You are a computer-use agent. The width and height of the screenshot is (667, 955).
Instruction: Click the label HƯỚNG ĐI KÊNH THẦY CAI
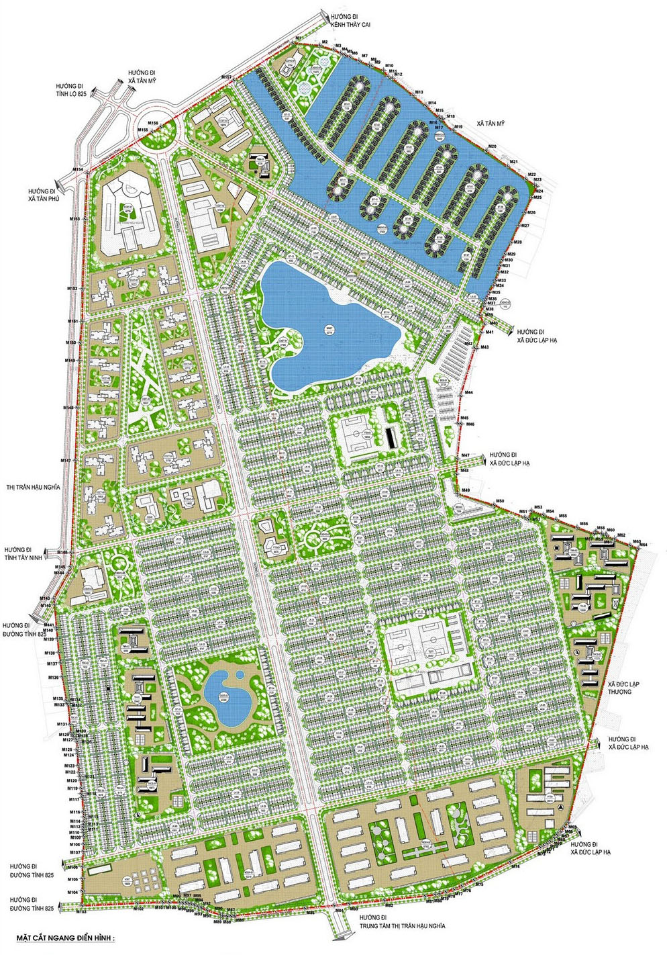pyautogui.click(x=352, y=19)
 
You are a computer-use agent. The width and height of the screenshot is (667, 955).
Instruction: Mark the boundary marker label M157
pyautogui.click(x=226, y=79)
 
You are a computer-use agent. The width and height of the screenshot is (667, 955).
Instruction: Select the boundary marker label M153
pyautogui.click(x=74, y=219)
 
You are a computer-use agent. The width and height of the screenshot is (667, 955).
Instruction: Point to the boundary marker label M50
pyautogui.click(x=500, y=502)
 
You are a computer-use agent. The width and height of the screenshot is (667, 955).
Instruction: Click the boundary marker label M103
pyautogui.click(x=81, y=912)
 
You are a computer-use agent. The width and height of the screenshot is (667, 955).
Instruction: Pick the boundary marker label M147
pyautogui.click(x=66, y=460)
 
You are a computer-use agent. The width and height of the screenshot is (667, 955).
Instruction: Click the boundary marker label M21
pyautogui.click(x=514, y=162)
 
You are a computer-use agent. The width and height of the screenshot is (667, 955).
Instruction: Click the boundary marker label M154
pyautogui.click(x=79, y=169)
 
